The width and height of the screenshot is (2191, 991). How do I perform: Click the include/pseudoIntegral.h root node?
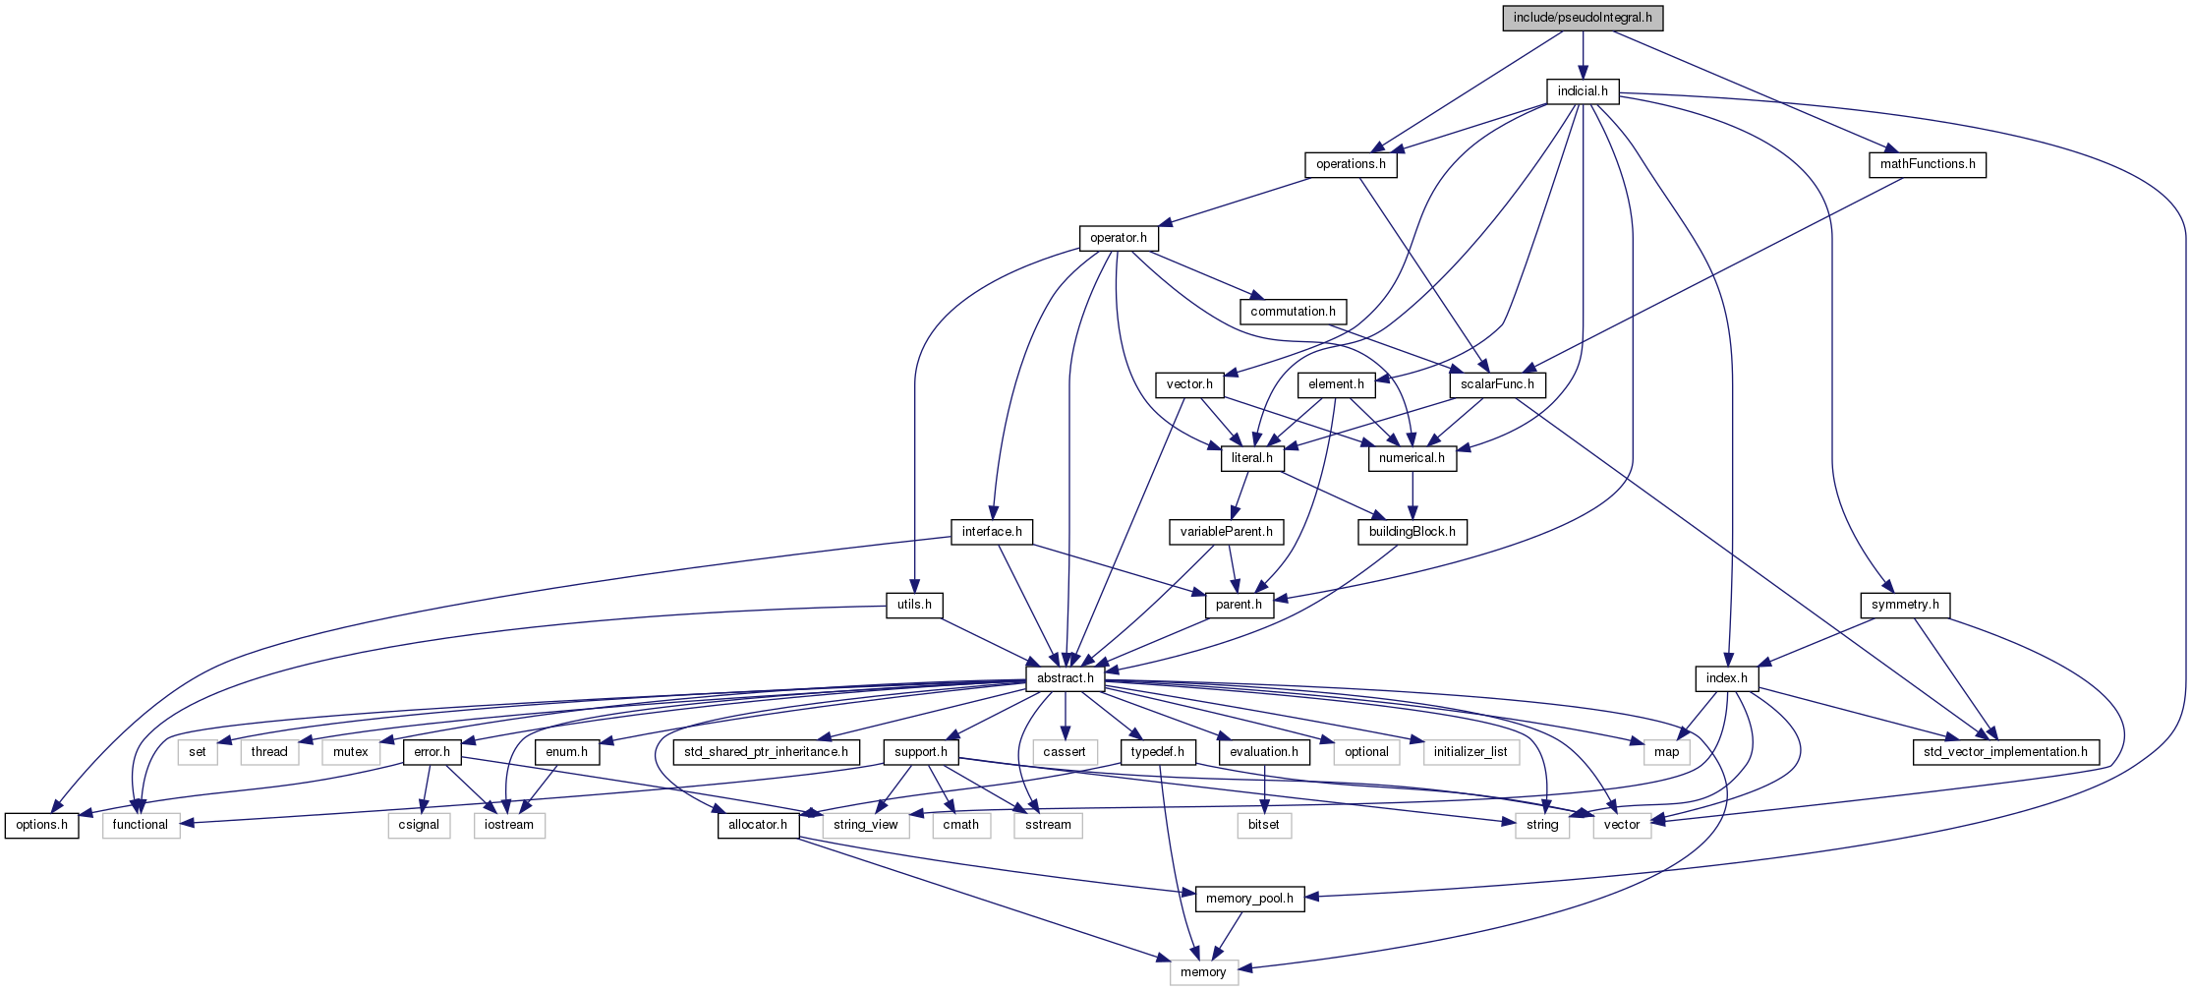point(1582,18)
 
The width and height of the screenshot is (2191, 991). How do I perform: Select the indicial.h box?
point(1582,91)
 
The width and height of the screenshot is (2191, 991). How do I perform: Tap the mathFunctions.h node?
point(1927,164)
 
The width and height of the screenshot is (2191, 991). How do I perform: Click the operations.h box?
point(1350,164)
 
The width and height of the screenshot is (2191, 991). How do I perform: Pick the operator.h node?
point(1118,238)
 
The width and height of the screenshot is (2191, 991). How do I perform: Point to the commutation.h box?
point(1293,312)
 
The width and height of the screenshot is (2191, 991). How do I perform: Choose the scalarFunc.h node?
point(1496,384)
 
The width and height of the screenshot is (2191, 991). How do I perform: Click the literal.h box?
point(1251,458)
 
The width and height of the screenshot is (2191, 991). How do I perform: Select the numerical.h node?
point(1412,458)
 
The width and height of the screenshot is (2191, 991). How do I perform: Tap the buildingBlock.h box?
point(1412,532)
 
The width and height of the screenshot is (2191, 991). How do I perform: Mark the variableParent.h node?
point(1226,532)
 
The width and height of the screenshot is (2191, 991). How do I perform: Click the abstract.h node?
point(1065,678)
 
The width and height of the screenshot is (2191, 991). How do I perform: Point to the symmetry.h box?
point(1904,605)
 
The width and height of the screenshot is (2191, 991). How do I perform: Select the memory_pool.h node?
point(1249,899)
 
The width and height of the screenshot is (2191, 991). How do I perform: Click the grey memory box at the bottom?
point(1203,972)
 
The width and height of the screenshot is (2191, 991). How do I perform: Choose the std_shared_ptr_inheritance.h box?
point(766,752)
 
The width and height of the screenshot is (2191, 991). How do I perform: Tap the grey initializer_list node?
point(1470,752)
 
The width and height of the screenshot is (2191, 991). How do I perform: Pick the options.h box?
point(41,825)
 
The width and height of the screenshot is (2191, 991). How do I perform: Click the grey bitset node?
point(1263,825)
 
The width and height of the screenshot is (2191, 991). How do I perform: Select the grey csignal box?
point(419,825)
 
